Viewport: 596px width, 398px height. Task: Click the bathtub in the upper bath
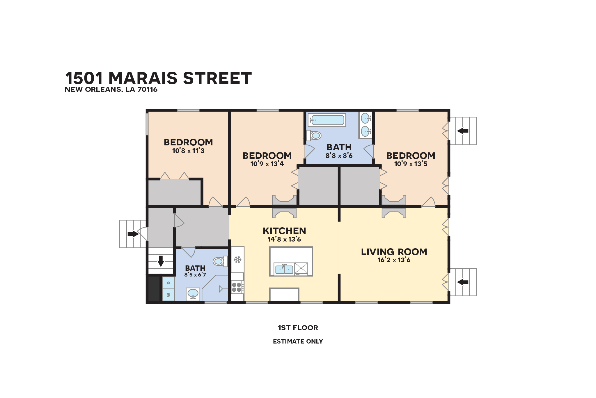327,120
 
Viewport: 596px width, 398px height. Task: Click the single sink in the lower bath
193,294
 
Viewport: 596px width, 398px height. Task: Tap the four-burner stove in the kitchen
237,287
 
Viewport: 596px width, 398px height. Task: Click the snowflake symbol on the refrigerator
238,260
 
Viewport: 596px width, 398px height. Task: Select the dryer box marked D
168,283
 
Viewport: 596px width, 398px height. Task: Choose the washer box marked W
168,295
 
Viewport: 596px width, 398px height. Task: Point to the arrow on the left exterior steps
133,234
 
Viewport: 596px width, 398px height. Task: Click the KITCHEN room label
284,231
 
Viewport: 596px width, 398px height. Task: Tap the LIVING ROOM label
394,252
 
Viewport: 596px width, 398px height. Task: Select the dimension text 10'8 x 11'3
188,151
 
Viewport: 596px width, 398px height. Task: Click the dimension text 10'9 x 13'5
411,164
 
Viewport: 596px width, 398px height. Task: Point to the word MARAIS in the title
143,78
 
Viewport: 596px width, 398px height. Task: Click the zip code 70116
148,89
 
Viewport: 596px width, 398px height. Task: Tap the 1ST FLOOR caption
298,328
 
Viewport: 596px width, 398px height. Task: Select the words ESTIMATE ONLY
298,341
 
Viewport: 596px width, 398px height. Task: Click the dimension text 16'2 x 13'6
394,260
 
